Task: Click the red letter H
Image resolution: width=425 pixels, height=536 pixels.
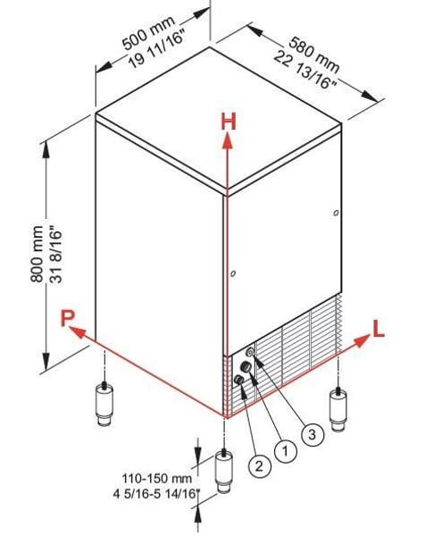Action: (229, 121)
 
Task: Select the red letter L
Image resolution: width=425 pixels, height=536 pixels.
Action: (379, 330)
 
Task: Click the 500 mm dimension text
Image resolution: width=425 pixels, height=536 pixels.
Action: (148, 32)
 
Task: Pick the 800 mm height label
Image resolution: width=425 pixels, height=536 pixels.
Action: (37, 253)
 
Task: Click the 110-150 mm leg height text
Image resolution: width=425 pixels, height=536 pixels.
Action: (157, 478)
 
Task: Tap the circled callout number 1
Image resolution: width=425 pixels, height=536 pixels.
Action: (286, 451)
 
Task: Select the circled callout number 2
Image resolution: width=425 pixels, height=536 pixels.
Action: (260, 465)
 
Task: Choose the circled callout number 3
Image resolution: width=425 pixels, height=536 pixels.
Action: (312, 435)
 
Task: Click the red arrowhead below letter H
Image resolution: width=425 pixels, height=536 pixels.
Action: (226, 141)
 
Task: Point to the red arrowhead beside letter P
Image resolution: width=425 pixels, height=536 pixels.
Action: (78, 331)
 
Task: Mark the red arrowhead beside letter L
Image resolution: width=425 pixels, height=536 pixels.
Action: (362, 341)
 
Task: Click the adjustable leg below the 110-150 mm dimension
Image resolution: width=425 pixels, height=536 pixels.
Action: (224, 472)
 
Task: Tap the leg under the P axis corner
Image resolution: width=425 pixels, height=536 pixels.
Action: (104, 405)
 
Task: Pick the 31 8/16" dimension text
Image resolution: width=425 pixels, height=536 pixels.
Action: (56, 254)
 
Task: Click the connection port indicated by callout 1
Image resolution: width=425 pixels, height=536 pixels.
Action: (246, 367)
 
